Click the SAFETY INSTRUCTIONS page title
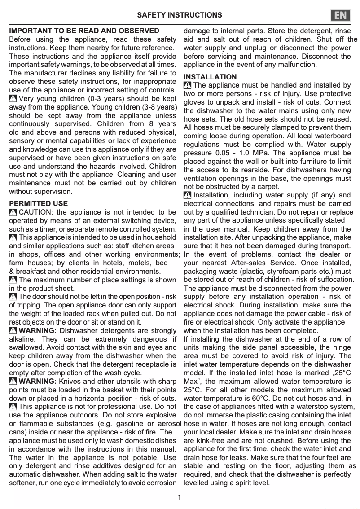point(180,15)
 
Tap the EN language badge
point(341,15)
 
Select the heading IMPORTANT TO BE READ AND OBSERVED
point(84,31)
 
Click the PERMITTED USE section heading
point(39,203)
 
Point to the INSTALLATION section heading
point(210,77)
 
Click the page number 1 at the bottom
point(180,497)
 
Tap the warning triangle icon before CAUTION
point(13,212)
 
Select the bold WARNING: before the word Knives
point(37,382)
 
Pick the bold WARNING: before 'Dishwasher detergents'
point(37,331)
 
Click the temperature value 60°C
point(261,398)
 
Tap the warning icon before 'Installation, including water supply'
point(188,195)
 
